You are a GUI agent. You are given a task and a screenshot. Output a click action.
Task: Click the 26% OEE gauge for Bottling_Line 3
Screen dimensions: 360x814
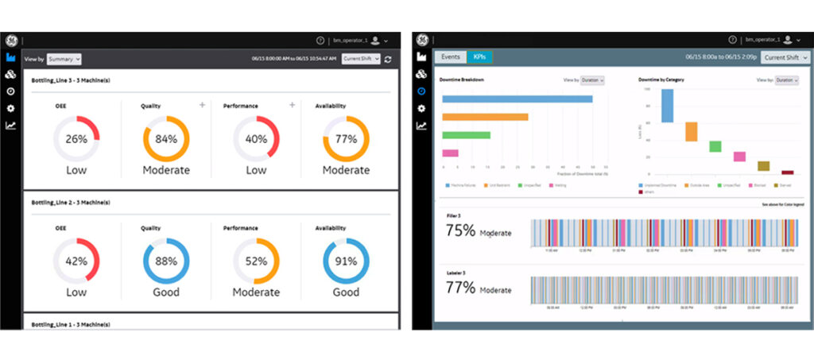76,139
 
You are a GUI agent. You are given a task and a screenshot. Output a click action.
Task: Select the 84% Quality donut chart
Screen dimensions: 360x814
165,139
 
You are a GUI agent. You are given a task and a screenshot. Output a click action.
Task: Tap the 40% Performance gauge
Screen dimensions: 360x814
256,139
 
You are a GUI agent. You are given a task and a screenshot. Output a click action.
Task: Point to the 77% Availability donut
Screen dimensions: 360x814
346,139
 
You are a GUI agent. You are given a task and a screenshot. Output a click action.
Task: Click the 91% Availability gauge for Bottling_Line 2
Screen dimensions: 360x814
346,261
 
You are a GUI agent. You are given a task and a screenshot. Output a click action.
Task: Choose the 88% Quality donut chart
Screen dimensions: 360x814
165,261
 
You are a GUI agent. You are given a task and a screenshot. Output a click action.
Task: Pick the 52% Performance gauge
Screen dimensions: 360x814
256,261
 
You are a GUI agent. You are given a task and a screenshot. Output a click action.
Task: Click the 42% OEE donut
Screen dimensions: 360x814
76,261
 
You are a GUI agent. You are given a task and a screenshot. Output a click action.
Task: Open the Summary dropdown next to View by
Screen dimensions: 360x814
64,59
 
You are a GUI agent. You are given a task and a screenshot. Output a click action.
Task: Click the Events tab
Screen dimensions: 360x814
450,57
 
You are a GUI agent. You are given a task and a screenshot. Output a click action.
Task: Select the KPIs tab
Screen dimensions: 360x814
479,57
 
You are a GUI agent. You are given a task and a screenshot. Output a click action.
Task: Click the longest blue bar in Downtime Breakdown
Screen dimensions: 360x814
517,99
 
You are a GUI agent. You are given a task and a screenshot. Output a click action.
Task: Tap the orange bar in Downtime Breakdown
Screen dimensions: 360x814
485,117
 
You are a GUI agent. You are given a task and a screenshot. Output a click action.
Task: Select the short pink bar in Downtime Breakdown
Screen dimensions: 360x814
450,153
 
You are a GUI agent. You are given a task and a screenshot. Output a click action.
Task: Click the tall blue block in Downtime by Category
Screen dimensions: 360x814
667,105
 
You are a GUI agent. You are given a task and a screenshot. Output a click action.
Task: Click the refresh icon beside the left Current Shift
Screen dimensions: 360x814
387,59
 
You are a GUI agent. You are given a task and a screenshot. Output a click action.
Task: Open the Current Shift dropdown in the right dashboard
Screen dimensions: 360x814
785,57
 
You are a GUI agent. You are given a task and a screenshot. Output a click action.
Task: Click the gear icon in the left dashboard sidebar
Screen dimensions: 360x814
11,107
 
